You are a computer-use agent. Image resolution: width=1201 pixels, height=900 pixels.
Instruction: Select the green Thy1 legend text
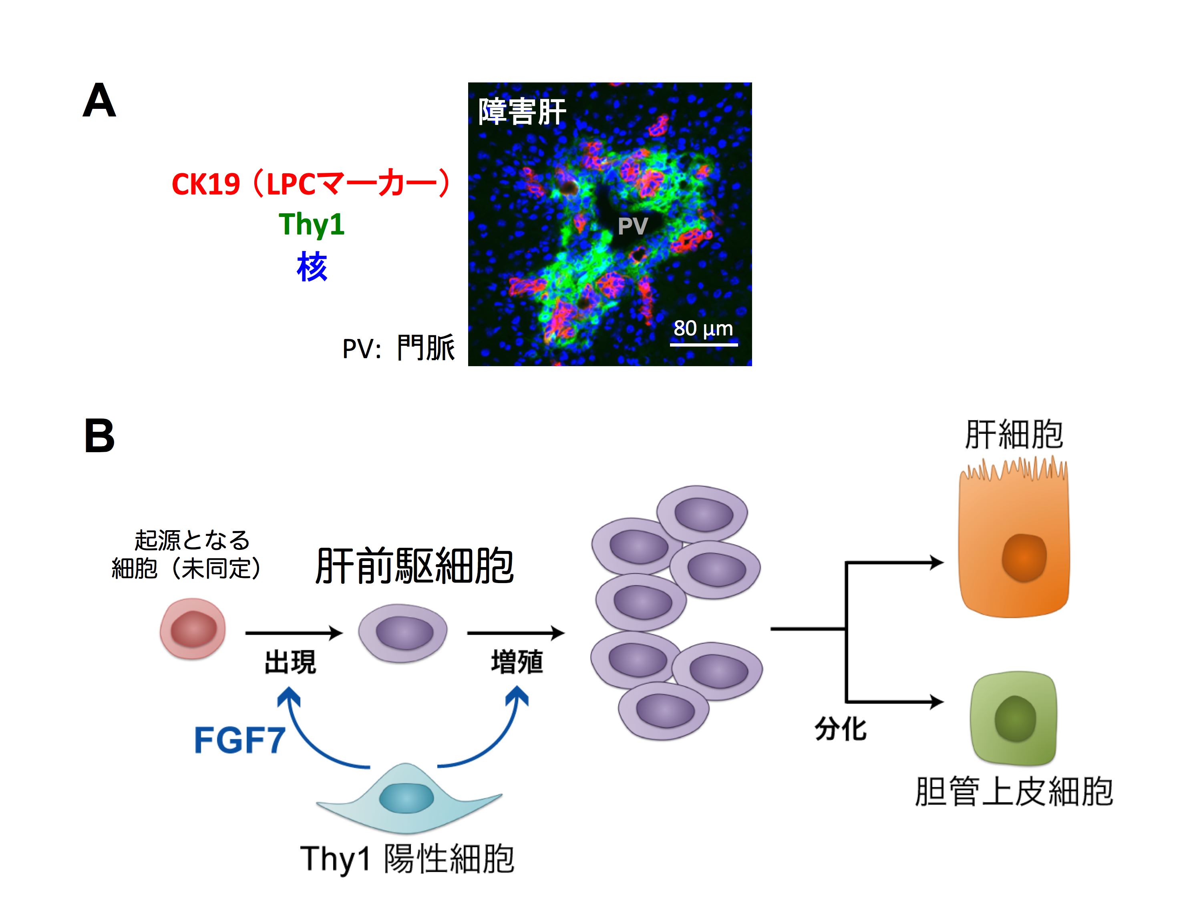312,224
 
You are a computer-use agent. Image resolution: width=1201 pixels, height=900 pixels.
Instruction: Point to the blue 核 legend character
312,267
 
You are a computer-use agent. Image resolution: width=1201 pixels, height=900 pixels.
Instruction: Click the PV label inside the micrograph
632,226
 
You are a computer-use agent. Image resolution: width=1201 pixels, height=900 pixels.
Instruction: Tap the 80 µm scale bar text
703,328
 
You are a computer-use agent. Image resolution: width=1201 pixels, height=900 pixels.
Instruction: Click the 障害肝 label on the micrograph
522,112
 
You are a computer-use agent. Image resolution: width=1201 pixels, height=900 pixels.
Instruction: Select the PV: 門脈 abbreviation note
398,348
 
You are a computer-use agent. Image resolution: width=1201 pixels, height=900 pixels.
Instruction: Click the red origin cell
193,629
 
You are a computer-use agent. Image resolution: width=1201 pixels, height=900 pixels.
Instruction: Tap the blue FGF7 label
239,740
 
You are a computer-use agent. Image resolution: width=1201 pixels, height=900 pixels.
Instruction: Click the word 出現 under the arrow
290,662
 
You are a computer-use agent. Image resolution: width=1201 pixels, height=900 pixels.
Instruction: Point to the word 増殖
517,662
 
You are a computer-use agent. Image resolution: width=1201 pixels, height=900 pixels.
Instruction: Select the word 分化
841,729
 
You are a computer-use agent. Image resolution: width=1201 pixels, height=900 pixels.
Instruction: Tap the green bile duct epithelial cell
1014,718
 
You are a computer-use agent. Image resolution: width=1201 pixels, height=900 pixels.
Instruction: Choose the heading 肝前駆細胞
414,566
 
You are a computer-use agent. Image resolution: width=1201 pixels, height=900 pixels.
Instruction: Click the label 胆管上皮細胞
1014,792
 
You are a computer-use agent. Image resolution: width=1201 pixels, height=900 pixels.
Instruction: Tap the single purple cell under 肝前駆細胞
403,633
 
